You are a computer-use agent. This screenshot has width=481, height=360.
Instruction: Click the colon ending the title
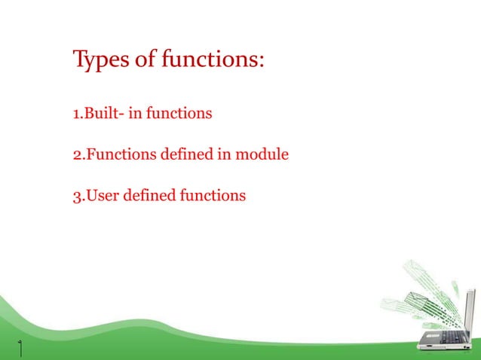click(261, 62)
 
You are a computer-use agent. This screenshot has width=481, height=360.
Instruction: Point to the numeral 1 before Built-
click(75, 114)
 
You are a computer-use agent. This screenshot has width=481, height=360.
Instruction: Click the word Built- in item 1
click(103, 114)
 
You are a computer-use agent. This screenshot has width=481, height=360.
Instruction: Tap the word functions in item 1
click(179, 114)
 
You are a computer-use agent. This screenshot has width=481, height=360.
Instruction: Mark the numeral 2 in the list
click(76, 155)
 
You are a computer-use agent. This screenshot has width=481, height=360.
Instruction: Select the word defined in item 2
click(186, 155)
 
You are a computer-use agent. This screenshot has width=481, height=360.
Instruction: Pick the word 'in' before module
click(224, 155)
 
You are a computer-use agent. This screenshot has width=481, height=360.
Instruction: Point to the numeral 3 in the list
click(76, 197)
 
